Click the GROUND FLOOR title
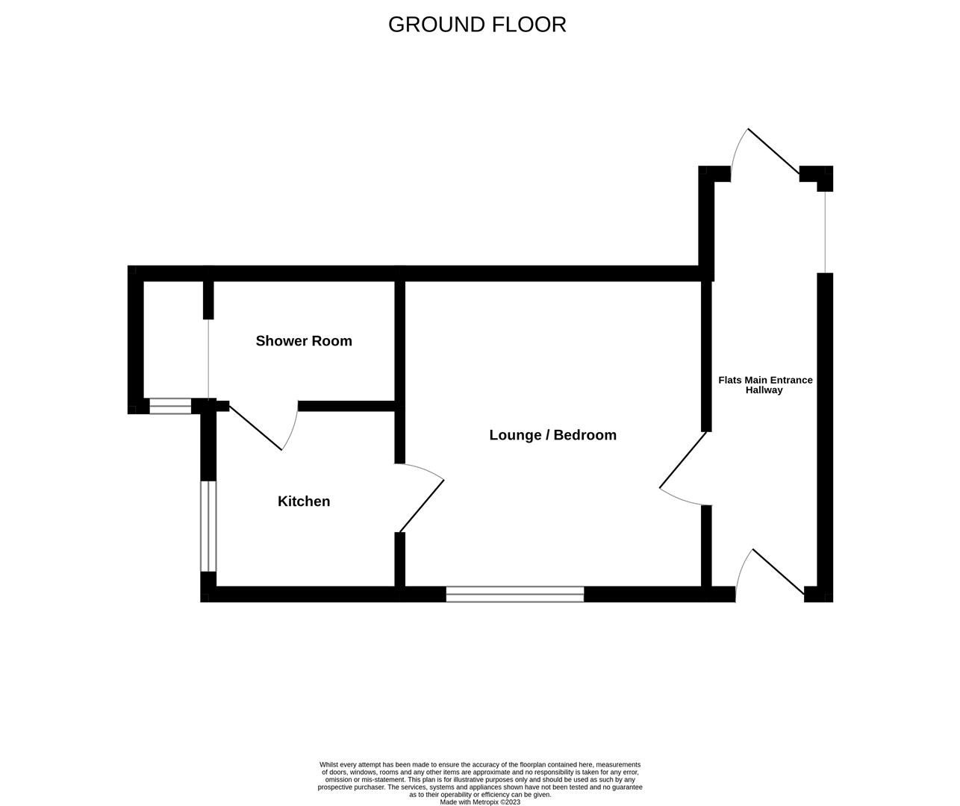(x=477, y=25)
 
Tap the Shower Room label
(x=304, y=341)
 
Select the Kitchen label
(x=304, y=502)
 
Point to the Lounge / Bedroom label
(x=552, y=435)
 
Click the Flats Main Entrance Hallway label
(x=765, y=385)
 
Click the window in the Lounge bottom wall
(x=515, y=594)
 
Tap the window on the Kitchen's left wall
(x=208, y=526)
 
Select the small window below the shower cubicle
(x=170, y=406)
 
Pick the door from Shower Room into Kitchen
(x=255, y=428)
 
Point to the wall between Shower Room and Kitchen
(x=346, y=407)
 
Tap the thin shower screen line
(x=208, y=358)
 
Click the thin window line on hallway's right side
(x=825, y=231)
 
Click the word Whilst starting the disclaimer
(x=330, y=765)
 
